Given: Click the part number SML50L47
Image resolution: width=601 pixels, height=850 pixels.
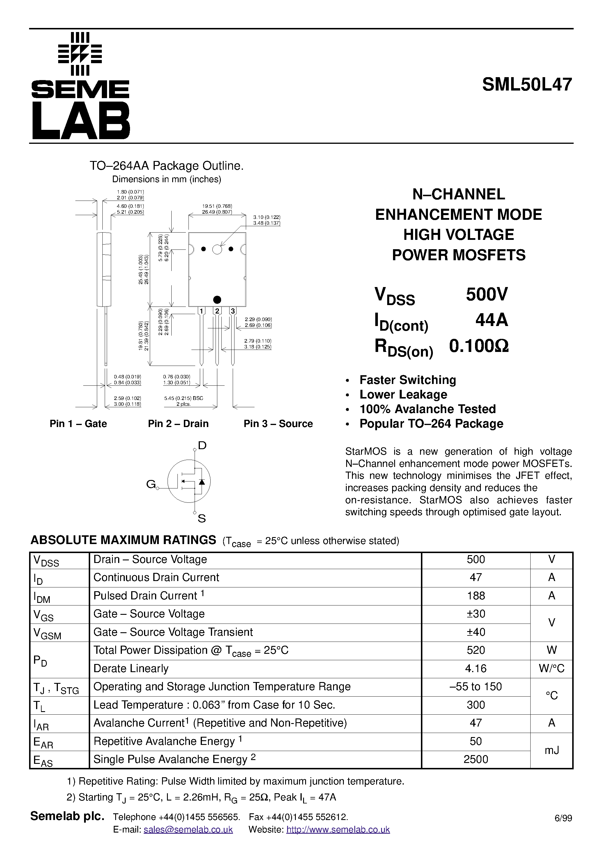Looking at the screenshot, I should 527,85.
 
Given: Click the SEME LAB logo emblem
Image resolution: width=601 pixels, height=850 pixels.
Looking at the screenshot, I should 80,54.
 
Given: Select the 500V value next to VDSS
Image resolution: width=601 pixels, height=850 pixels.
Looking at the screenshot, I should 487,294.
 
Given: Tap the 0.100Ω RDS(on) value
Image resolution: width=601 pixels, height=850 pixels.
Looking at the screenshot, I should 479,346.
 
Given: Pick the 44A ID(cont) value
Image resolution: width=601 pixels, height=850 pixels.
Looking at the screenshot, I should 491,320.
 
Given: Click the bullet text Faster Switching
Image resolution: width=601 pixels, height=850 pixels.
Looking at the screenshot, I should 408,380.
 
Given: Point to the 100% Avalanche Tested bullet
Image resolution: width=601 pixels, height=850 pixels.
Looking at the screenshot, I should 427,409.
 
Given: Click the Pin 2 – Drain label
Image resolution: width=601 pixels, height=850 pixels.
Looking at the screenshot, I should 178,424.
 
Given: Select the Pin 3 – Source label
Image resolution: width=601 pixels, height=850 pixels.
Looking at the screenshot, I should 278,424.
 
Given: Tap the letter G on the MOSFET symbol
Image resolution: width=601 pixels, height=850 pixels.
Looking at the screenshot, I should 151,484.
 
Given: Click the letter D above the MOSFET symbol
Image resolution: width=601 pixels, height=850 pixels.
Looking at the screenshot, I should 202,445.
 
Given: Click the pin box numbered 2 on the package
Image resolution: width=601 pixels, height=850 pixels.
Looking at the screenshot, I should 217,311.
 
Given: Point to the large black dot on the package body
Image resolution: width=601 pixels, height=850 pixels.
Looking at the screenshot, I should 217,300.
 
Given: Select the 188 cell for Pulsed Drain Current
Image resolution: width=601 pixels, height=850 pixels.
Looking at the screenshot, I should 476,596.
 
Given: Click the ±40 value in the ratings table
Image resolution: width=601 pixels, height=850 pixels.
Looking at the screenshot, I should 476,632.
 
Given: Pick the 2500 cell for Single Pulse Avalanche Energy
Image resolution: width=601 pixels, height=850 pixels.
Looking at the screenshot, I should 476,759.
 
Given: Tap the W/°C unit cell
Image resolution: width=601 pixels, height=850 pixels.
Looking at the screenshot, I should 552,668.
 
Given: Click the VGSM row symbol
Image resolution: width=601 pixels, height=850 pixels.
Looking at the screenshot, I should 47,633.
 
